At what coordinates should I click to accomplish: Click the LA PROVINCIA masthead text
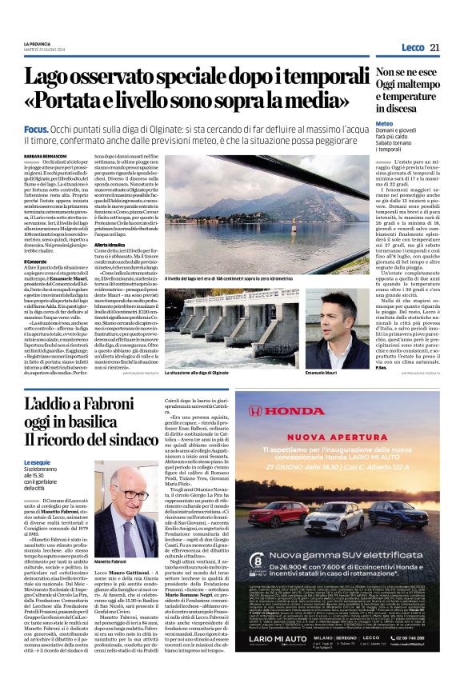point(60,42)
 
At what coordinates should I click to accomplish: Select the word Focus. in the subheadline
point(58,129)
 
